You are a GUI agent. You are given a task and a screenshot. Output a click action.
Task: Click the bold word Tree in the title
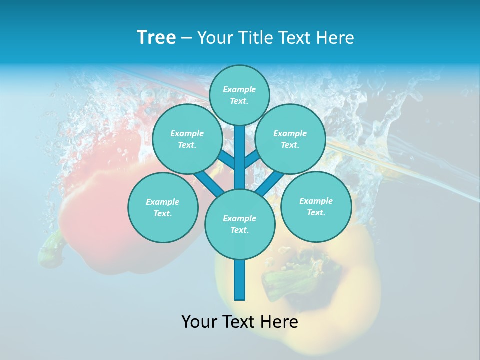pos(156,38)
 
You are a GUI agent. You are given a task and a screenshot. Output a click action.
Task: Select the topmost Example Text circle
pos(239,95)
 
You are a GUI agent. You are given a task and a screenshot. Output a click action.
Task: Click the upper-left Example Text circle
pos(187,139)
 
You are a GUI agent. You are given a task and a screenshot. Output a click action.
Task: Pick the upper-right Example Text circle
pos(290,139)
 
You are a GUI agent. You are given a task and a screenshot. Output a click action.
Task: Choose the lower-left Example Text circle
pos(163,207)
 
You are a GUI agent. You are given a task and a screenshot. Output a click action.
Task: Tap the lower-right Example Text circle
pos(316,206)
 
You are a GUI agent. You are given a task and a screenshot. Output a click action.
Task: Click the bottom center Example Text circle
pos(240,224)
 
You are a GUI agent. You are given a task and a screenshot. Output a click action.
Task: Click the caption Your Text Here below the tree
pos(240,322)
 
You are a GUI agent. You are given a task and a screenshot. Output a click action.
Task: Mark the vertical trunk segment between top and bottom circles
pos(240,157)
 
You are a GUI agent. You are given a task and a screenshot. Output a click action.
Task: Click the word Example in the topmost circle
pos(239,90)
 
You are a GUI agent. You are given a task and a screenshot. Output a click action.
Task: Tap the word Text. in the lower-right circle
pos(316,212)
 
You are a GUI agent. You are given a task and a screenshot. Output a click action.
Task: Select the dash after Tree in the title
pos(186,38)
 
